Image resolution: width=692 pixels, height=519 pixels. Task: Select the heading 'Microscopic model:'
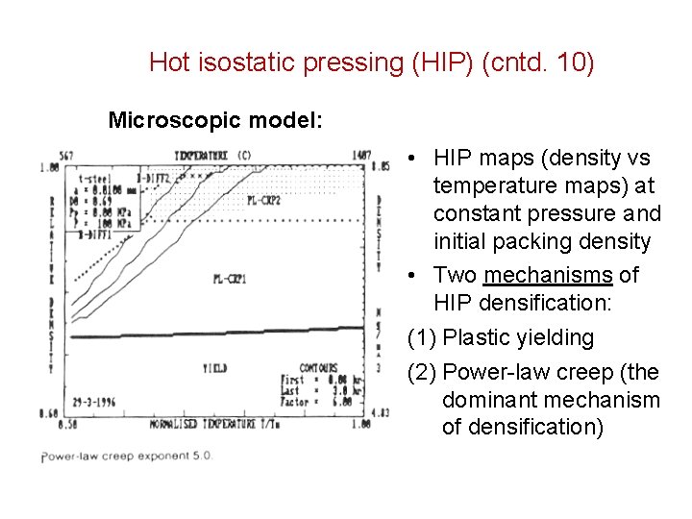click(x=215, y=120)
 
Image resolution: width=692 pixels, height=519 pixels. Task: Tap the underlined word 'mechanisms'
click(x=548, y=275)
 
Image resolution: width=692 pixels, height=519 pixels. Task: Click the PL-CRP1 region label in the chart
click(x=231, y=279)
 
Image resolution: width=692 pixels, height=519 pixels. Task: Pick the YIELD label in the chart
click(x=214, y=368)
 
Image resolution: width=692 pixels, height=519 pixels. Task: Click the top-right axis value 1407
click(x=362, y=154)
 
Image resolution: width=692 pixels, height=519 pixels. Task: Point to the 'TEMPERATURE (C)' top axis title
click(x=213, y=155)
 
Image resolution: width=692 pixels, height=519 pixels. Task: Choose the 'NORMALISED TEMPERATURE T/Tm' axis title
click(x=215, y=423)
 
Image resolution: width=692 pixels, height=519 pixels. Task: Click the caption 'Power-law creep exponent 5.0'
click(x=127, y=456)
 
